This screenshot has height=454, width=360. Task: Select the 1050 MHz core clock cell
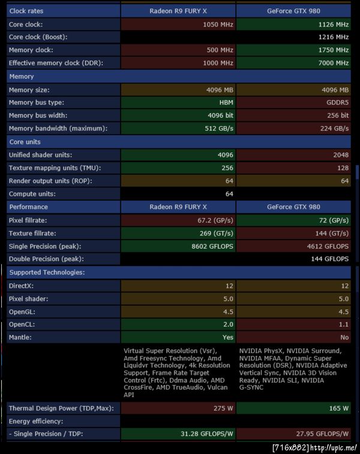[x=219, y=25]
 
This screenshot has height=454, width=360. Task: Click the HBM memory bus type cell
[x=226, y=103]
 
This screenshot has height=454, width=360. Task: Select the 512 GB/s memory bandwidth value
[x=218, y=129]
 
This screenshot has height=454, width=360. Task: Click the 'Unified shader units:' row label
[x=41, y=155]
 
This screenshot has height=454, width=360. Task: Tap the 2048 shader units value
[x=340, y=155]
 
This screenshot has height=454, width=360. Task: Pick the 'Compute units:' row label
[x=32, y=194]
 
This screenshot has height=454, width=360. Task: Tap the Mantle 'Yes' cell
[x=227, y=337]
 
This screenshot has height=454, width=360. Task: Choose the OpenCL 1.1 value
[x=344, y=324]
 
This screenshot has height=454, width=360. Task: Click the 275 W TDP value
[x=223, y=408]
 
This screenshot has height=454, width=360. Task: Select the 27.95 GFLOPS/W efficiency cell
[x=323, y=434]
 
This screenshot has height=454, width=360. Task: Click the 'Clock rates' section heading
[x=26, y=11]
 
